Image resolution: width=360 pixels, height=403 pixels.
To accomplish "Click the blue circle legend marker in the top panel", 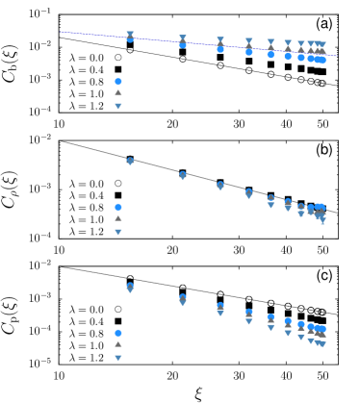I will pos(118,82).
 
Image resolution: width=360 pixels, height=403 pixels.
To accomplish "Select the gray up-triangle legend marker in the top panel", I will pos(118,93).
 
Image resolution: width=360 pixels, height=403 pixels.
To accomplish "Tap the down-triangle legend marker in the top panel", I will pos(118,106).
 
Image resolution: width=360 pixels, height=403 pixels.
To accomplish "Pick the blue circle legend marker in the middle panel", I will pos(118,207).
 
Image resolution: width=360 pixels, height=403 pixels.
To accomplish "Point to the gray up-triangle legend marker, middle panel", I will pos(118,218).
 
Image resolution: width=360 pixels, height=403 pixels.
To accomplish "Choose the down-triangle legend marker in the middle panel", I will pos(118,232).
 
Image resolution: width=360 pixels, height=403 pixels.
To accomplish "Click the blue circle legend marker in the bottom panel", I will pos(118,333).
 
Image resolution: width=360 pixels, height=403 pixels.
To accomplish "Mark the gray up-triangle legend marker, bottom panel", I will pos(118,343).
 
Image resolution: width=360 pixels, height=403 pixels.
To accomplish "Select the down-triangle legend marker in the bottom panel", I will pos(118,358).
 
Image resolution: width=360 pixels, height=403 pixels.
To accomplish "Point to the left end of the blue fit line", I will pos(62,32).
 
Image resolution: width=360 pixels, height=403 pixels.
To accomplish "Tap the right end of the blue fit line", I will pos(337,56).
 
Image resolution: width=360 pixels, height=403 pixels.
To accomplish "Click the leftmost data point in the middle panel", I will pos(130,161).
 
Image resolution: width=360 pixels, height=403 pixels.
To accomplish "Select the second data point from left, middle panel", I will pos(183,175).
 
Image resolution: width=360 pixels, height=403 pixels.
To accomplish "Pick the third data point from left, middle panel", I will pos(220,185).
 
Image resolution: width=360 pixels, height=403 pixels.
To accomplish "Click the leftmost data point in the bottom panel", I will pos(130,287).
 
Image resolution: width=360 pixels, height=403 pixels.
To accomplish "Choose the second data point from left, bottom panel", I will pos(183,299).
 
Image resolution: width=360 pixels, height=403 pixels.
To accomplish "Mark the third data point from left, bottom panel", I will pos(220,308).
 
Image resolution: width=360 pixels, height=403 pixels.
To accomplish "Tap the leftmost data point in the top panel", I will pos(130,37).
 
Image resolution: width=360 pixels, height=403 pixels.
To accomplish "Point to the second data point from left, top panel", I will pos(183,42).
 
